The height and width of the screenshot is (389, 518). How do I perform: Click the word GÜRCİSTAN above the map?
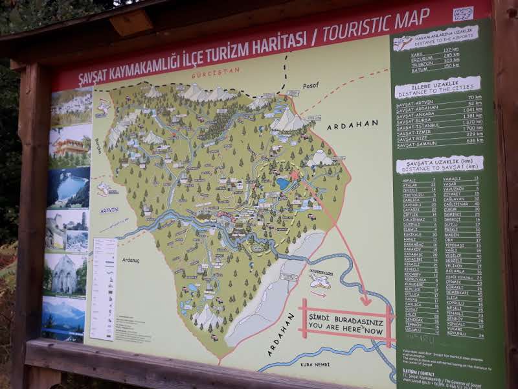pos(215,71)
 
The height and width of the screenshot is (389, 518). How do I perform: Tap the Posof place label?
pos(311,86)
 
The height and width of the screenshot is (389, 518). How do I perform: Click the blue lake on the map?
pos(283,183)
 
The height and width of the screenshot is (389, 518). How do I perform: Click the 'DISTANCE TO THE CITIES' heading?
pos(438,89)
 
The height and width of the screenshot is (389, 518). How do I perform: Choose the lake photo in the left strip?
pos(69,187)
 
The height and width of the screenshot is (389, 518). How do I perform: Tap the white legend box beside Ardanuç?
pos(104,289)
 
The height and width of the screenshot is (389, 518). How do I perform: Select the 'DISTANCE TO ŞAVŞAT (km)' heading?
pos(439,164)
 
